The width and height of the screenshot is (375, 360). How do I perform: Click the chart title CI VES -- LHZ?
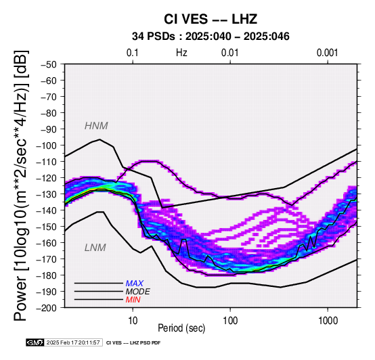pyautogui.click(x=211, y=19)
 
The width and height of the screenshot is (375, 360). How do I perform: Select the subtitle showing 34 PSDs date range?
pyautogui.click(x=211, y=37)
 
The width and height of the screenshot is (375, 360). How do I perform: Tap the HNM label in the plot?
pyautogui.click(x=96, y=126)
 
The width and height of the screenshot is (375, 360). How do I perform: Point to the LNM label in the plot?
pyautogui.click(x=95, y=248)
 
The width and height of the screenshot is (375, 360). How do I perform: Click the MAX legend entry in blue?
pyautogui.click(x=134, y=284)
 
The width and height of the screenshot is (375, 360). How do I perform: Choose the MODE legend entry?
pyautogui.click(x=137, y=292)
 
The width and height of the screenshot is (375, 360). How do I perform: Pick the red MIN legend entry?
pyautogui.click(x=133, y=300)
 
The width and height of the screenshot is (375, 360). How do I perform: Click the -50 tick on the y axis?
pyautogui.click(x=48, y=64)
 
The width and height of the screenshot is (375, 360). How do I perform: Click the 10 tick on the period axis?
pyautogui.click(x=133, y=321)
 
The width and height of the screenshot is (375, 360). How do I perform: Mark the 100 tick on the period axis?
pyautogui.click(x=230, y=321)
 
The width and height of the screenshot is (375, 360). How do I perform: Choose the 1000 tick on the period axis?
pyautogui.click(x=328, y=321)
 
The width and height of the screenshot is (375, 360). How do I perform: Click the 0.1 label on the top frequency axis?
pyautogui.click(x=133, y=53)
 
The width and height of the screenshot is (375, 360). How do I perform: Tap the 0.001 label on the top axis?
pyautogui.click(x=327, y=53)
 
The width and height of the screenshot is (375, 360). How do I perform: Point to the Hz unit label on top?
pyautogui.click(x=181, y=53)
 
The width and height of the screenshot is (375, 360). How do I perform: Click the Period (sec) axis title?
pyautogui.click(x=181, y=328)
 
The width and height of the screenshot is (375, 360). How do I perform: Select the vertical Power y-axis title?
pyautogui.click(x=21, y=185)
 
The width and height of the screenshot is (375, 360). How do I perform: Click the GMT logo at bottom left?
pyautogui.click(x=35, y=342)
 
